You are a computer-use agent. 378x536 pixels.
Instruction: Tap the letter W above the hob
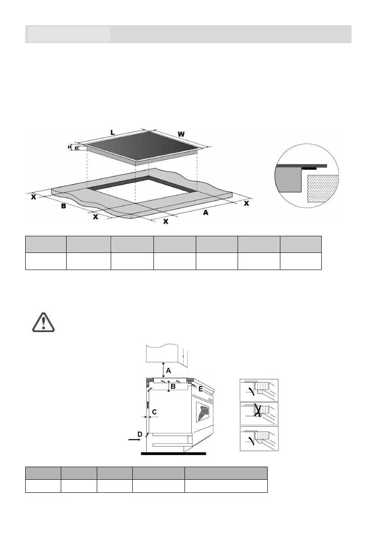(181, 134)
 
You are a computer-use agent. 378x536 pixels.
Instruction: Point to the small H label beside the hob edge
(70, 147)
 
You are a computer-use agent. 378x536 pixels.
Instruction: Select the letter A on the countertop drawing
(206, 212)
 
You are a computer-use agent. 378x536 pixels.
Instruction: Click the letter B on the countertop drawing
(64, 206)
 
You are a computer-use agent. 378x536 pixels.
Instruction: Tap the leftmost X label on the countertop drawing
(34, 197)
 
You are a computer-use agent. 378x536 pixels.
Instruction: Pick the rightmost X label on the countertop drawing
(246, 203)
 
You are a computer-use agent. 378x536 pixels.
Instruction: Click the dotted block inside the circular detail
(321, 189)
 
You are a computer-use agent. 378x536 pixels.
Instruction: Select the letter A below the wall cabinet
(168, 370)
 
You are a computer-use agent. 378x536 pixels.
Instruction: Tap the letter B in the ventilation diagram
(173, 386)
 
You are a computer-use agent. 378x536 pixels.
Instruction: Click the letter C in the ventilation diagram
(154, 412)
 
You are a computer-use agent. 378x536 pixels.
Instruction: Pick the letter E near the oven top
(201, 389)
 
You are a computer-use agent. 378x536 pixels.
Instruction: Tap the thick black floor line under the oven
(173, 454)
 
